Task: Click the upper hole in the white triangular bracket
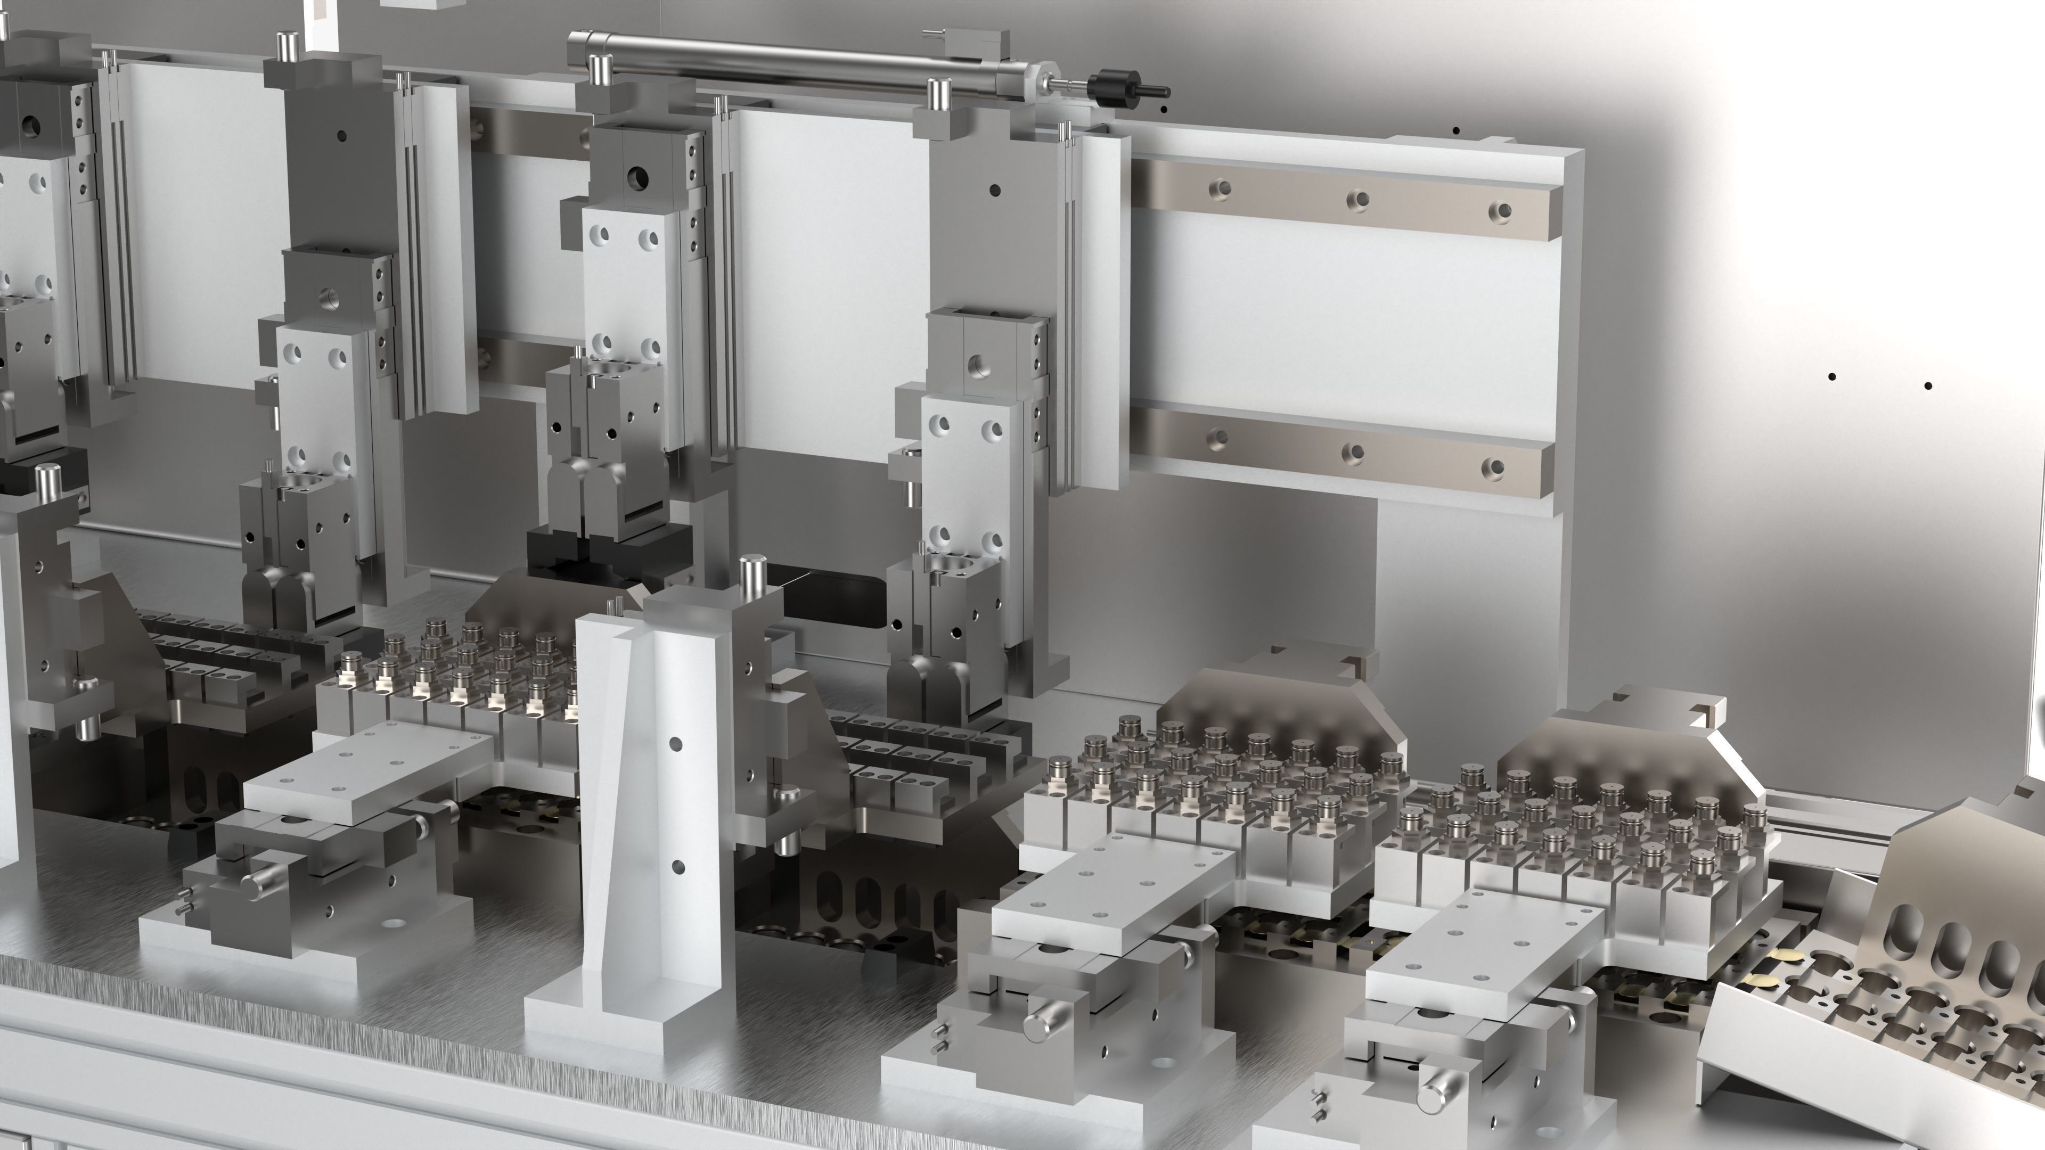click(676, 744)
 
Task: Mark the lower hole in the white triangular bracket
click(677, 867)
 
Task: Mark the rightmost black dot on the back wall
click(1927, 387)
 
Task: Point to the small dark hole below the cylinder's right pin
click(995, 190)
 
